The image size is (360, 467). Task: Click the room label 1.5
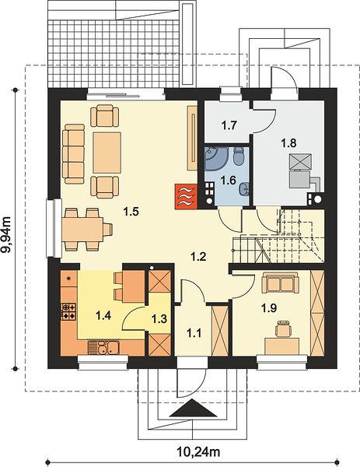coord(131,212)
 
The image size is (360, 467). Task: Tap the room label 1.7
coord(229,125)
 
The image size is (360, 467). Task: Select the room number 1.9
coord(269,308)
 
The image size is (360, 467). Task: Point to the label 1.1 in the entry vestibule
coord(194,332)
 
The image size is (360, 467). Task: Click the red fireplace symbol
coord(186,196)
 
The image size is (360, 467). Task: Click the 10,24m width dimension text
coord(199,451)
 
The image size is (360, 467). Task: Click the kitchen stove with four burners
coord(68,311)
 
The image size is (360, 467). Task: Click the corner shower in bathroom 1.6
coord(215,158)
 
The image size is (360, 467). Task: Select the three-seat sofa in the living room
coord(73,154)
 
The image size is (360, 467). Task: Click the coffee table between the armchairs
coord(107,153)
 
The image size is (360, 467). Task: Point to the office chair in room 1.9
coord(283,328)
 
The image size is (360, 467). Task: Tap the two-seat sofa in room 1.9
coord(280,283)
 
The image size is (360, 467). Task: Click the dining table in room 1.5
coord(82,229)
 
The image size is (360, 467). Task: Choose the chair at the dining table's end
coord(108,229)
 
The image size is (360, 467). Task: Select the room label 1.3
coord(159,319)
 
